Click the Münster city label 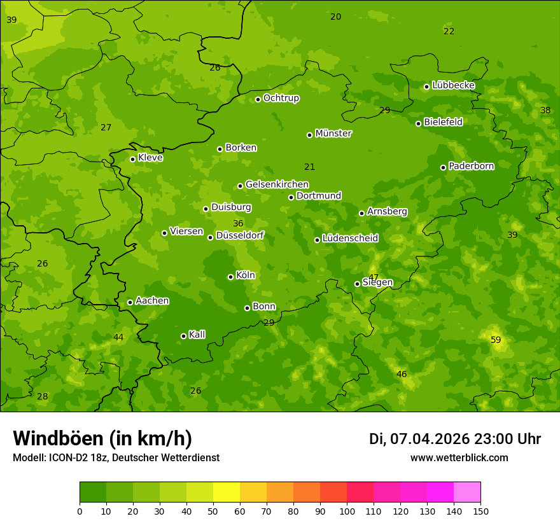click(x=333, y=134)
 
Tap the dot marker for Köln click(x=230, y=277)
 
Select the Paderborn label click(x=471, y=166)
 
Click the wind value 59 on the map click(x=496, y=340)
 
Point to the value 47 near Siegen click(x=374, y=277)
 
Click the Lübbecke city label click(x=453, y=85)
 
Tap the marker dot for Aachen click(x=130, y=302)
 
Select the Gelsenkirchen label click(x=277, y=184)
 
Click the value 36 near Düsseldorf click(x=238, y=223)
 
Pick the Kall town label click(x=197, y=335)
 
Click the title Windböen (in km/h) click(x=102, y=438)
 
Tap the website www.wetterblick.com click(x=459, y=458)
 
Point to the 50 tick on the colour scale click(x=213, y=511)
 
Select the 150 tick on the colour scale click(x=480, y=511)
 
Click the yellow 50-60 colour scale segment click(x=227, y=492)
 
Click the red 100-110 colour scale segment click(x=360, y=492)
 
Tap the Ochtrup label click(x=281, y=98)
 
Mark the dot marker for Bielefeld click(x=418, y=123)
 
